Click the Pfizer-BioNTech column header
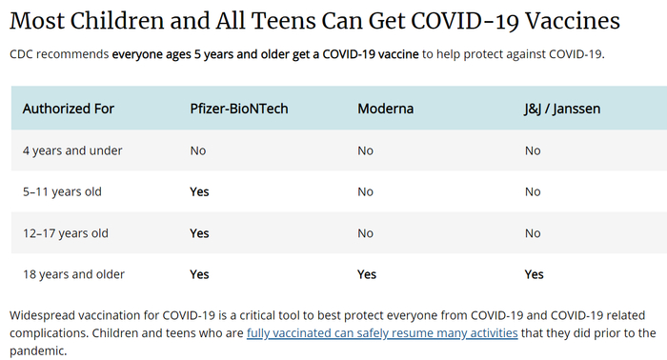pos(239,109)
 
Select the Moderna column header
pos(385,109)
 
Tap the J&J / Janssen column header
pos(562,109)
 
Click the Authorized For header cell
pos(69,109)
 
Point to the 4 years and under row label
pos(72,150)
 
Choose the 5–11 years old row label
pos(62,191)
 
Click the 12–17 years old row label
pos(66,233)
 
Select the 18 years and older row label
pos(73,274)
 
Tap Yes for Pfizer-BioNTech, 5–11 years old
pos(199,191)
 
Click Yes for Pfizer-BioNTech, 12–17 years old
pos(199,233)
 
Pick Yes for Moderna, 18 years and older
pos(367,274)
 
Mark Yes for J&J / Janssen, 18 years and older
pos(534,274)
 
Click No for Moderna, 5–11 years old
pos(365,191)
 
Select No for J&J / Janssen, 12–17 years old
pos(533,233)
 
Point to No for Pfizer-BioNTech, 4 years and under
pos(198,150)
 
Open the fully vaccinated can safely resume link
pos(381,333)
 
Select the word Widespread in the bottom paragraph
pos(47,315)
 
